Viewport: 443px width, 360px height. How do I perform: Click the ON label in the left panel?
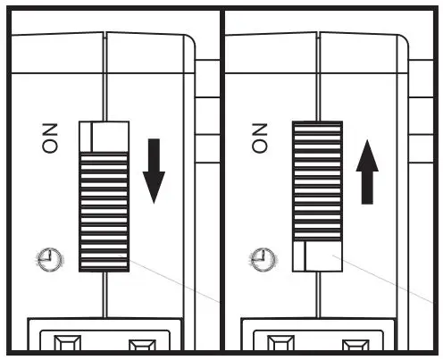tap(49, 139)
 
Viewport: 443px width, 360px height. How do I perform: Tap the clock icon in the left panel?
tap(50, 259)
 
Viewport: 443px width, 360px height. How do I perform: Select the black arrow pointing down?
tap(155, 170)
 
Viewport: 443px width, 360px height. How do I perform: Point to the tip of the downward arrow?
tap(155, 202)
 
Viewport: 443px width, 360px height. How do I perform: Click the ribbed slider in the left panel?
tap(104, 210)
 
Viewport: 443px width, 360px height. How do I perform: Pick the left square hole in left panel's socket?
tap(68, 344)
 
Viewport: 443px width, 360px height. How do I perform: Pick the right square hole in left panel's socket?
tap(140, 344)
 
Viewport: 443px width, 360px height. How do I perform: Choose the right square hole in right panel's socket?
tap(355, 344)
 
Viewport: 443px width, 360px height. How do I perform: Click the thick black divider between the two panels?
tap(221, 179)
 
